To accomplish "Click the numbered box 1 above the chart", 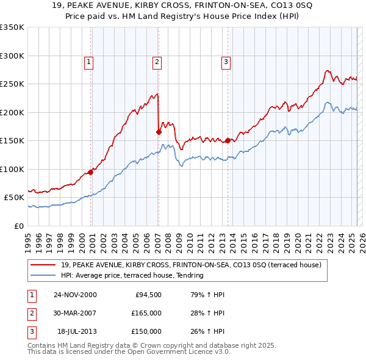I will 88,61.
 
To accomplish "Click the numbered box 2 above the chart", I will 157,61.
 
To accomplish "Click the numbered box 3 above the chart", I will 226,61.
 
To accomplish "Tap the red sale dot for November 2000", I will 91,172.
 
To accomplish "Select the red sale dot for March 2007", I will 159,132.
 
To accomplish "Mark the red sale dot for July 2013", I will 228,140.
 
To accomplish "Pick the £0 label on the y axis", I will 18,226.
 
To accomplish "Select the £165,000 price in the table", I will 147,313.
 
